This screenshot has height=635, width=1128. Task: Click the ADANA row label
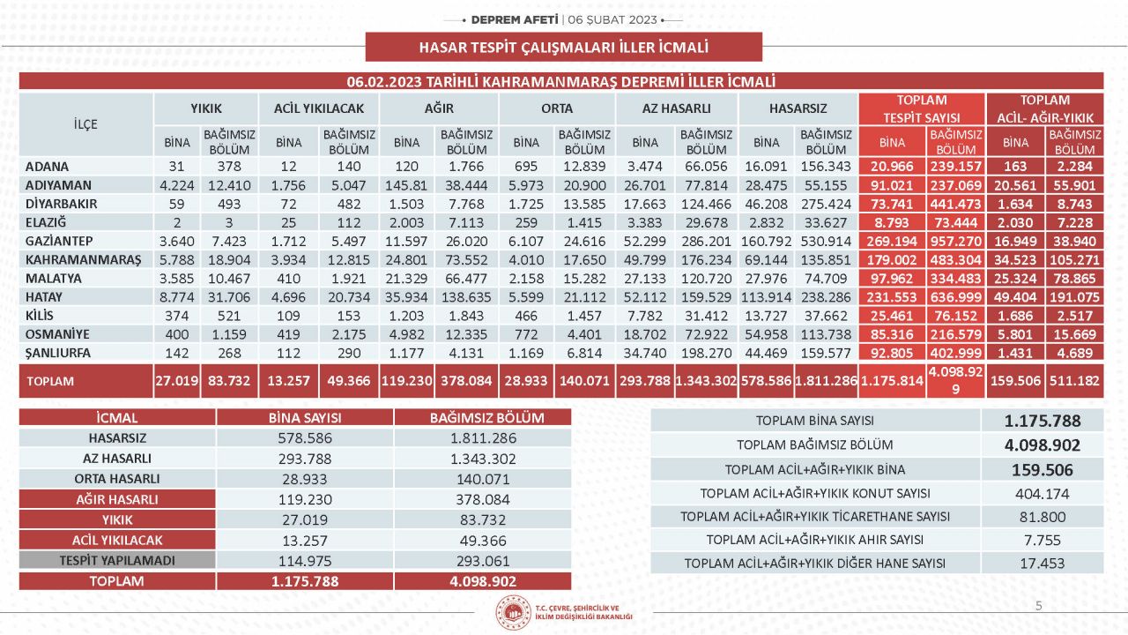point(48,167)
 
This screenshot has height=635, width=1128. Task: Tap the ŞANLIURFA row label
point(58,353)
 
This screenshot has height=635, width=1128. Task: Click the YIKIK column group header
point(206,108)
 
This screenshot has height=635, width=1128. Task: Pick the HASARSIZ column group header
point(798,108)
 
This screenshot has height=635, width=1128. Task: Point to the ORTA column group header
point(557,108)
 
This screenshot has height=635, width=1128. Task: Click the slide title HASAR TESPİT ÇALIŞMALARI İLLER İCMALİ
point(563,47)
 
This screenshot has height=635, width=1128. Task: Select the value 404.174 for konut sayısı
point(1042,493)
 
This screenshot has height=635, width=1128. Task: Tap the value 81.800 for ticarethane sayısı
point(1042,517)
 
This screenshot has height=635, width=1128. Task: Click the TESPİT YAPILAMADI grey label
point(117,560)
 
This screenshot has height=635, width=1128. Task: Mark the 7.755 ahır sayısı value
point(1042,540)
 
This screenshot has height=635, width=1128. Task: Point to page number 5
point(1039,605)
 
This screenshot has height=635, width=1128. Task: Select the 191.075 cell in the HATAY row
point(1073,297)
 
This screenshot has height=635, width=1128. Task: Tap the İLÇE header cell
point(85,124)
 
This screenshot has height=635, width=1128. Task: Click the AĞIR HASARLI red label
point(117,499)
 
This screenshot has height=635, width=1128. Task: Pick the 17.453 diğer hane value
point(1042,563)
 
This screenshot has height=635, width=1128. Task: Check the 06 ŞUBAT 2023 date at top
point(612,19)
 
